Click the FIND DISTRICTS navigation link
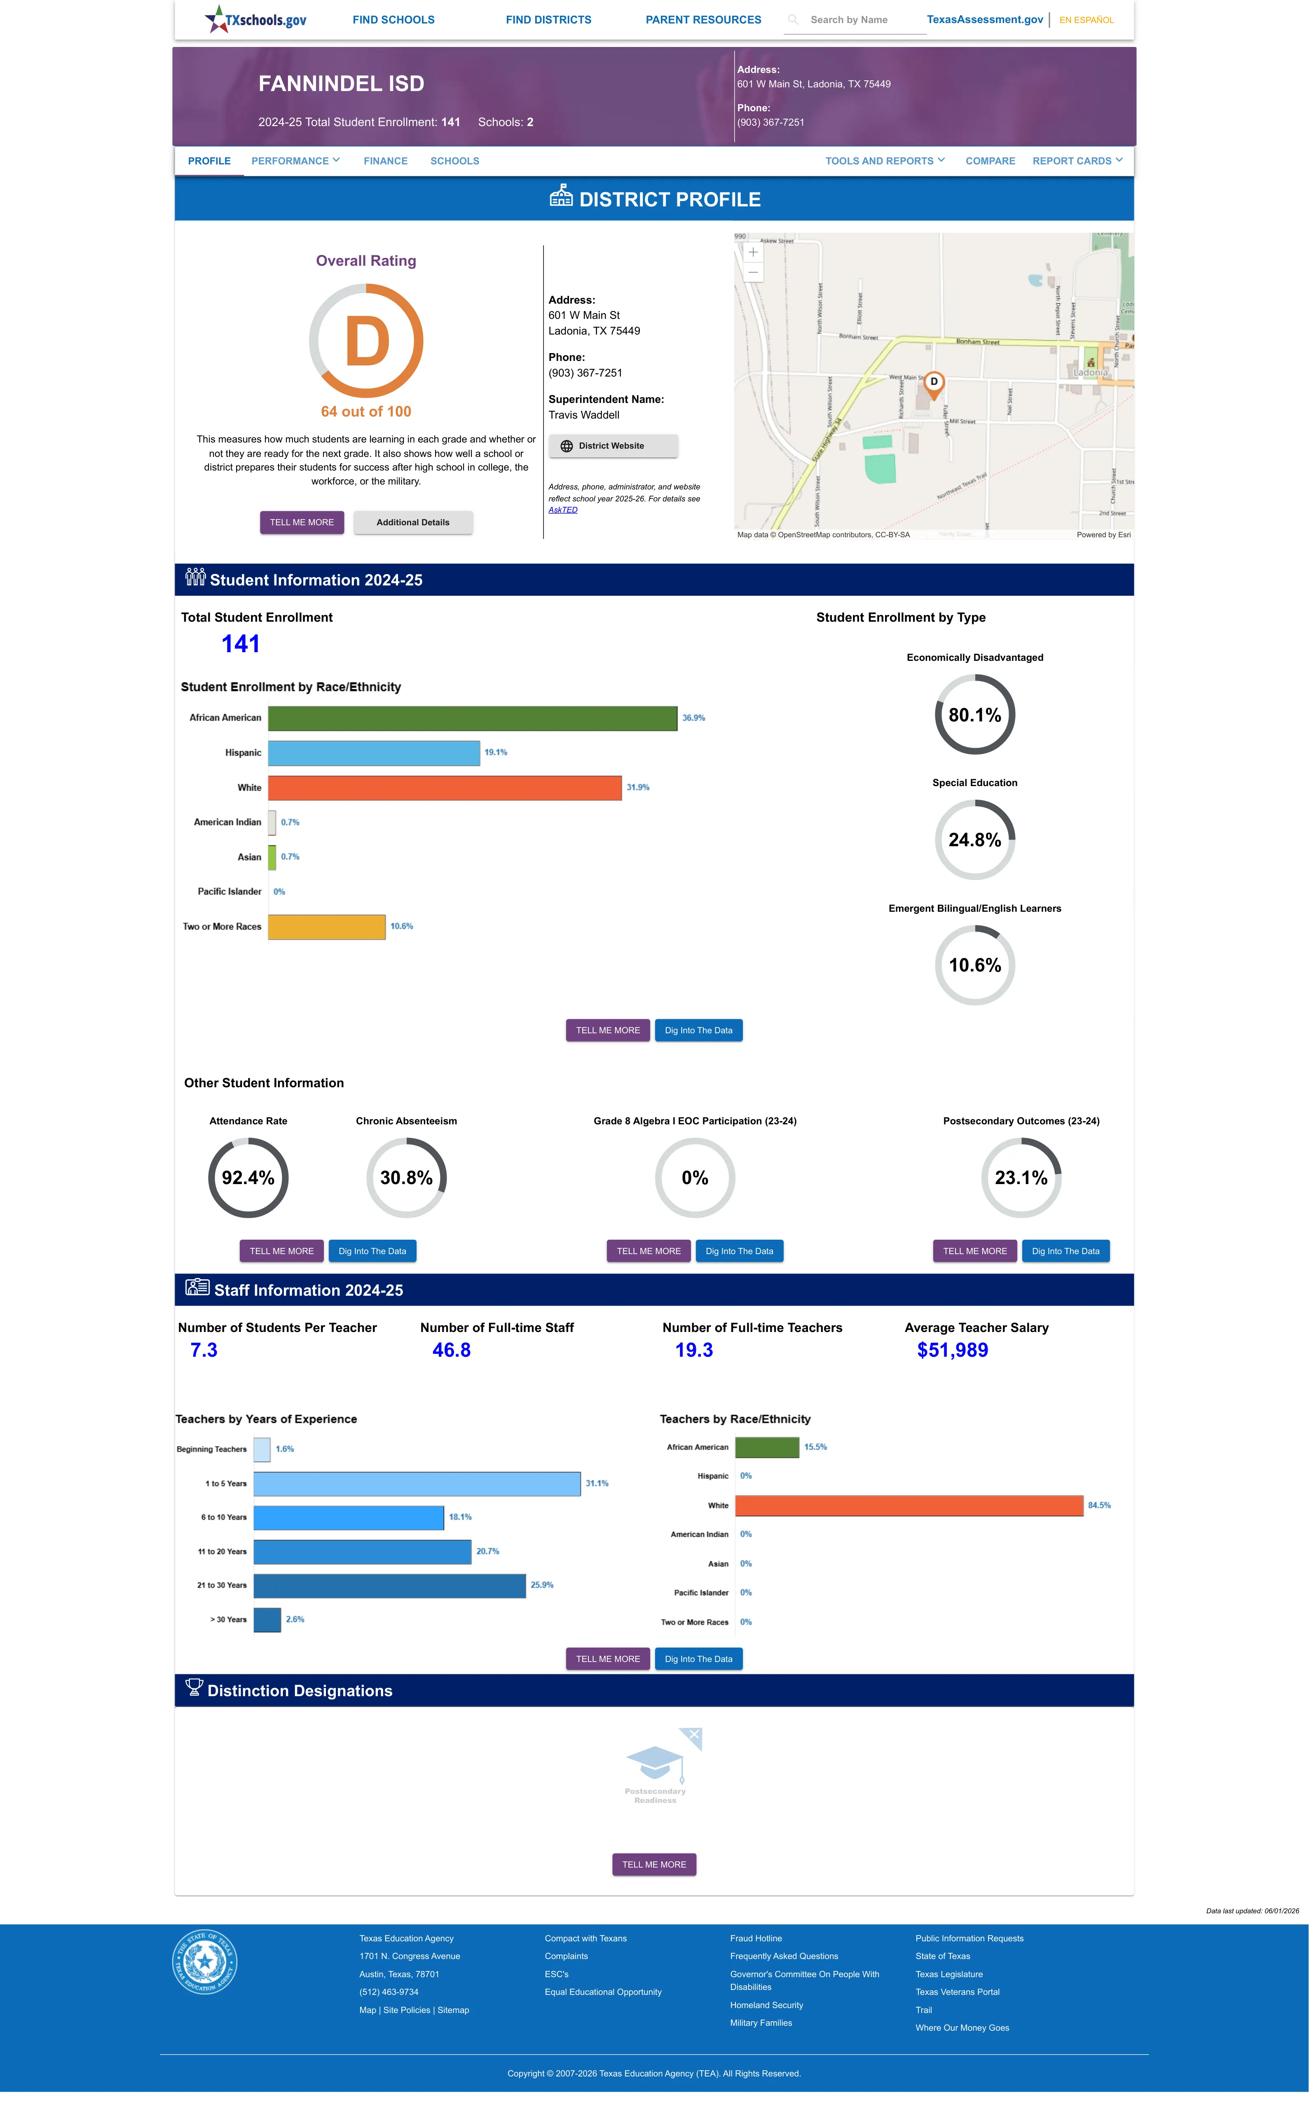pos(548,20)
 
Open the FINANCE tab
pos(385,161)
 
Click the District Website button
pos(613,446)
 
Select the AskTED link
pos(563,510)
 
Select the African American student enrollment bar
pos(473,718)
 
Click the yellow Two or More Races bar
pos(326,927)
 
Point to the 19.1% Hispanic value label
pos(496,753)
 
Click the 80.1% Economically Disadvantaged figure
pos(975,715)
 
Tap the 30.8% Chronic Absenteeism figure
pos(406,1178)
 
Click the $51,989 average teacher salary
pos(952,1350)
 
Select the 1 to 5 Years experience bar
pos(417,1483)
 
